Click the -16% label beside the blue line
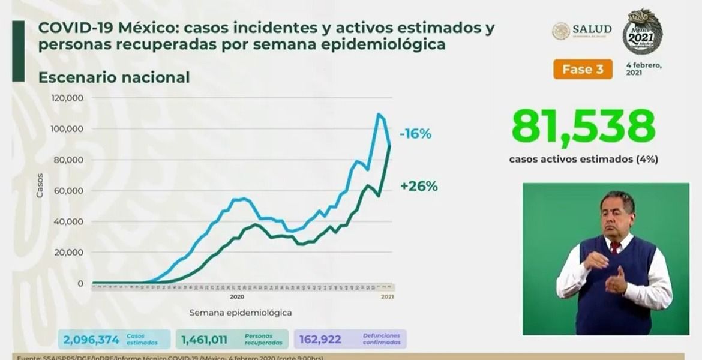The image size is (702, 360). tap(416, 134)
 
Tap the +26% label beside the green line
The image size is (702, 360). tap(419, 186)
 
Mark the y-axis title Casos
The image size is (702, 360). tap(40, 187)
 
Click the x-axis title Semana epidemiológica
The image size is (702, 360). tap(241, 313)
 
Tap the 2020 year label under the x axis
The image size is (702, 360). tap(236, 296)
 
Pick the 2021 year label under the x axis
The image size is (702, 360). tap(387, 296)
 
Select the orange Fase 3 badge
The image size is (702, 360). tap(583, 68)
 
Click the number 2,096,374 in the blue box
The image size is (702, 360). tap(91, 340)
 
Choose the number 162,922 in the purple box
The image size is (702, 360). tap(320, 340)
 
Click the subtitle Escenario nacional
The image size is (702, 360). tap(114, 77)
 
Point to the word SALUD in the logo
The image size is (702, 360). tap(592, 29)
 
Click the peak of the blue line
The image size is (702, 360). tap(379, 114)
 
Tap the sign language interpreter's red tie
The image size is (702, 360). tap(614, 247)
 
